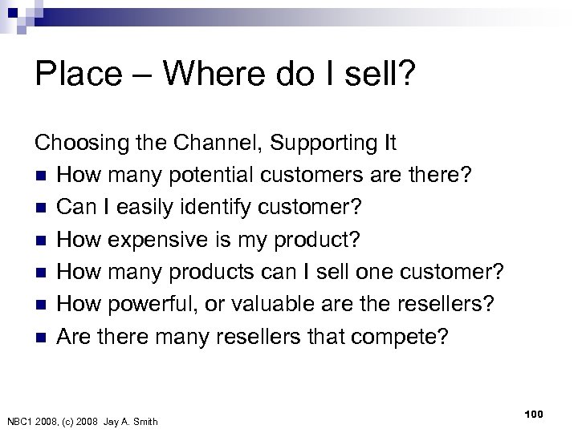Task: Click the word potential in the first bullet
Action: coord(209,174)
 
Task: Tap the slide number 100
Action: coord(530,414)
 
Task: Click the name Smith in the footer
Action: coord(144,421)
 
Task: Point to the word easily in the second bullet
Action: coord(151,207)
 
